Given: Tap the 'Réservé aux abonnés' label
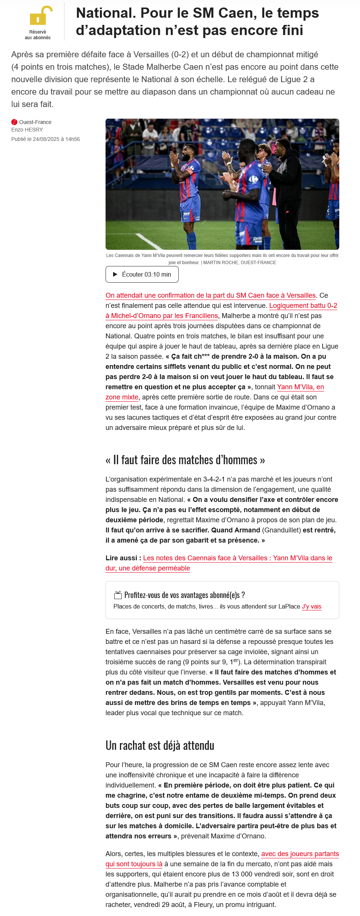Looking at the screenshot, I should coord(38,35).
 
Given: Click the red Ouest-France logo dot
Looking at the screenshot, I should coord(14,122).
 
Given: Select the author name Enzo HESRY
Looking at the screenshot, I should coord(28,130).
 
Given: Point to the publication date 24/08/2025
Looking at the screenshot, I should coord(46,139).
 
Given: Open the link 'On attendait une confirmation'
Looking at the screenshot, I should coord(210,295).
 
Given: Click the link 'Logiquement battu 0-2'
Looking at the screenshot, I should coord(303,306).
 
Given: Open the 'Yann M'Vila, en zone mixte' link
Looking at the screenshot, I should coord(300,387).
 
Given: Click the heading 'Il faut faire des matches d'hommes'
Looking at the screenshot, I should coord(185,460).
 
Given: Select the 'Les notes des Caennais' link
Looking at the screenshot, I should coord(237,558).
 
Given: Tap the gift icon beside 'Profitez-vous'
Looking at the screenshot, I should coord(118,595).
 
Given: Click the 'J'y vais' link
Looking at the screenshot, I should coord(311,607).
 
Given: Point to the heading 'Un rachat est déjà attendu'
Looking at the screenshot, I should coord(160,746).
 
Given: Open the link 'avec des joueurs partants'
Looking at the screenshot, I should coord(300,854).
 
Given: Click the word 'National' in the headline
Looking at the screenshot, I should coord(106,13).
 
